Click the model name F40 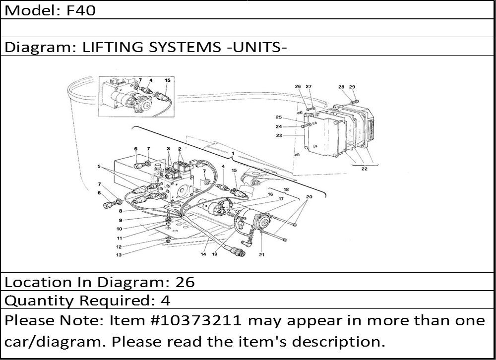(x=81, y=10)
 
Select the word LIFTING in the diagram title (x=113, y=48)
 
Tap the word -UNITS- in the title (x=257, y=48)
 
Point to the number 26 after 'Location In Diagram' (x=185, y=282)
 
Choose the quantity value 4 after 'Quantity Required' (x=166, y=300)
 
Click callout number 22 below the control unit (x=365, y=169)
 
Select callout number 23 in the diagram (x=279, y=135)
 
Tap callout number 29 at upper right (x=352, y=87)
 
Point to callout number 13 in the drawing (x=119, y=255)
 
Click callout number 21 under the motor (x=261, y=255)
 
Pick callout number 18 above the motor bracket (x=286, y=190)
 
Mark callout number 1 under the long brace (x=233, y=153)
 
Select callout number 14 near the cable (x=203, y=254)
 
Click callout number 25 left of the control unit (x=278, y=117)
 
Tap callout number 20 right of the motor (x=309, y=197)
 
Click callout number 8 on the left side (x=121, y=211)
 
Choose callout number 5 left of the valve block (x=99, y=166)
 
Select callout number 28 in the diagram (x=341, y=87)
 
